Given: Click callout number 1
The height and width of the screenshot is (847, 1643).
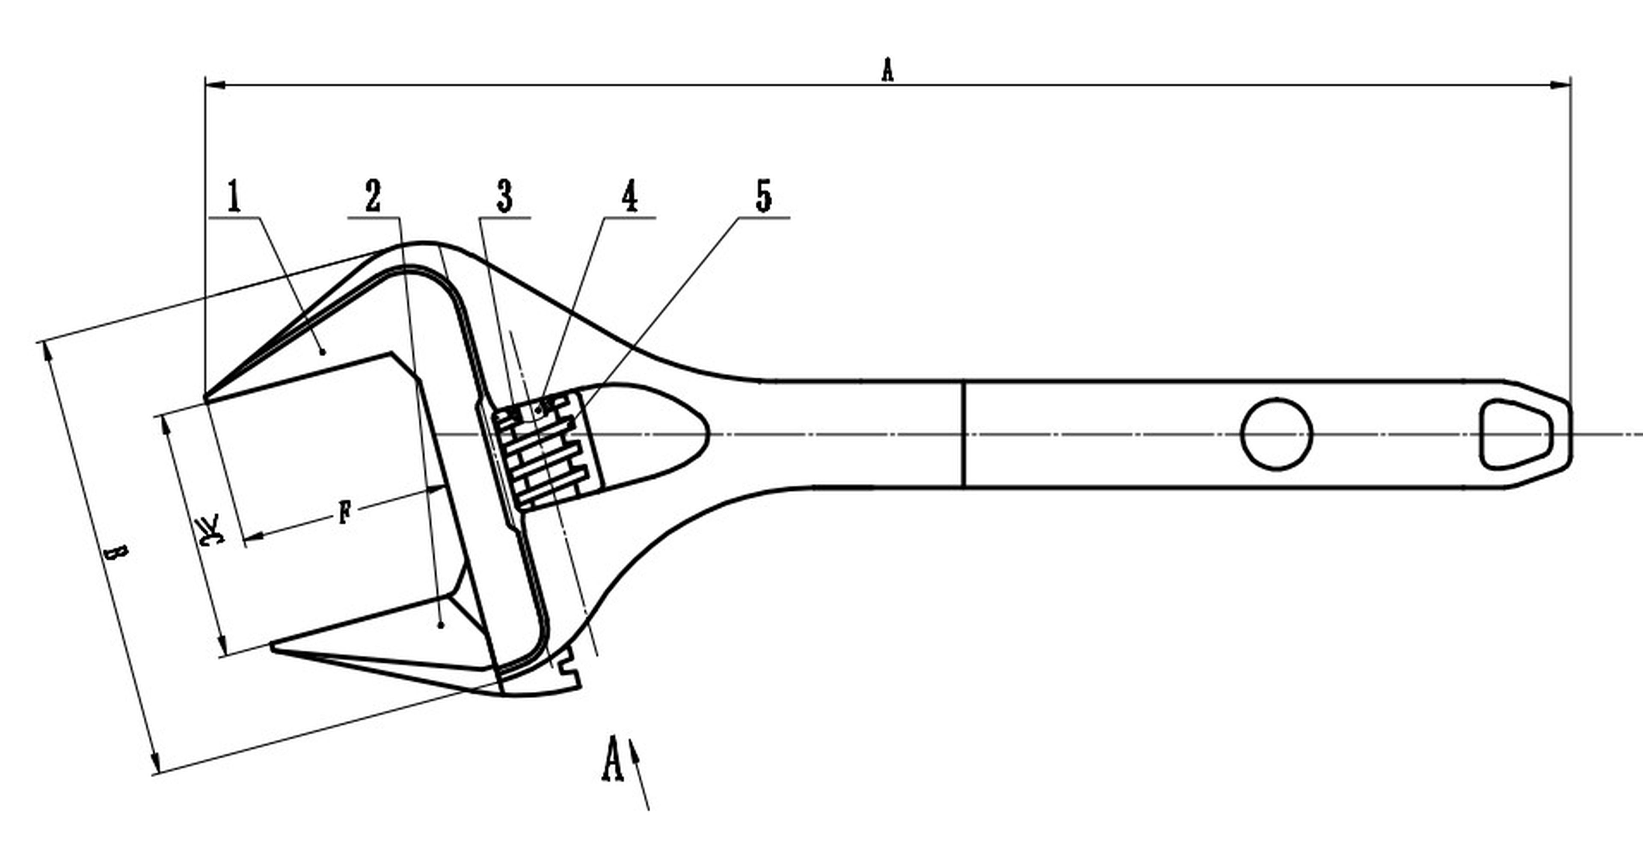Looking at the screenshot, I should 235,196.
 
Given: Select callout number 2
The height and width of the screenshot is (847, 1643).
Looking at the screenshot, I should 373,196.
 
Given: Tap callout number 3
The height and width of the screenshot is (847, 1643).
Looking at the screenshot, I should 504,196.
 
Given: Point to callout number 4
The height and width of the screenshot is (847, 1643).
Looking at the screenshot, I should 629,196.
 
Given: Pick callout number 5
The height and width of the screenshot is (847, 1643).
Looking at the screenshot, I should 763,196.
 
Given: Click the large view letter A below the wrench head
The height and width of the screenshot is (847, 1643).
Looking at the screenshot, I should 612,759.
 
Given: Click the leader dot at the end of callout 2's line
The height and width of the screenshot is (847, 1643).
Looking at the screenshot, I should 441,626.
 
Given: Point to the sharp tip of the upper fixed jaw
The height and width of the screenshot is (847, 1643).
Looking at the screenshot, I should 206,397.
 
